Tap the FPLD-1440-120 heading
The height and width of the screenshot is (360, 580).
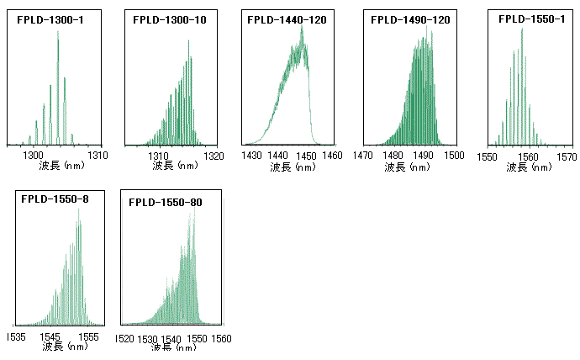[x=287, y=19]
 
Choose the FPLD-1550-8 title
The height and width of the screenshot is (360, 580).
[x=55, y=199]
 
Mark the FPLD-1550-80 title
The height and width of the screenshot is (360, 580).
[x=166, y=202]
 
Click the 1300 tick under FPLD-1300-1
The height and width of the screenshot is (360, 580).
[x=33, y=156]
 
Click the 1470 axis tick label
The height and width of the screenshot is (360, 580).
[x=362, y=156]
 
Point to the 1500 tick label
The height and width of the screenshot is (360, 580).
[x=455, y=156]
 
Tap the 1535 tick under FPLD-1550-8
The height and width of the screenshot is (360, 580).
[x=18, y=336]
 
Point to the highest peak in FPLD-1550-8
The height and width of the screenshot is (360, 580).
[x=80, y=209]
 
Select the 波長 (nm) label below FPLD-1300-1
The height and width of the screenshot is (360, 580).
[x=61, y=167]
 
